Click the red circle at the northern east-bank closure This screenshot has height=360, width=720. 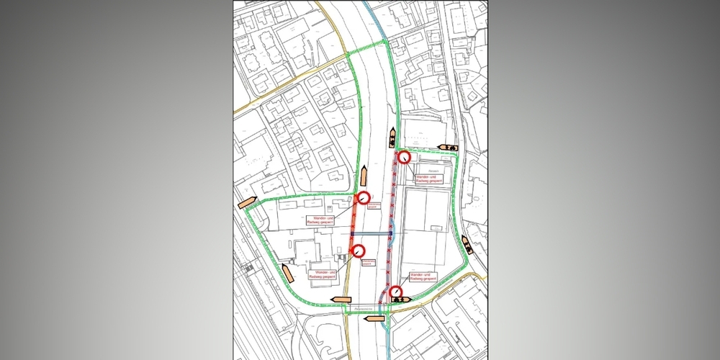pos(404,157)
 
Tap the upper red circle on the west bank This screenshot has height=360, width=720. pos(364,198)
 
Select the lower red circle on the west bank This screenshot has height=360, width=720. pos(357,251)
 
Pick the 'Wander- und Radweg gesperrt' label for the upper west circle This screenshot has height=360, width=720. pos(322,221)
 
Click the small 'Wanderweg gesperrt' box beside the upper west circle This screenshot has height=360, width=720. pos(374,206)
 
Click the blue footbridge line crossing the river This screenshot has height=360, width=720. pos(372,234)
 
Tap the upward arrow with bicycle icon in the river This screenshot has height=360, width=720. pos(392,137)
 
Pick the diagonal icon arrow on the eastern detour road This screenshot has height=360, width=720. pos(466,244)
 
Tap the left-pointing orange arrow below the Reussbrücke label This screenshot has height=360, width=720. pos(376,317)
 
